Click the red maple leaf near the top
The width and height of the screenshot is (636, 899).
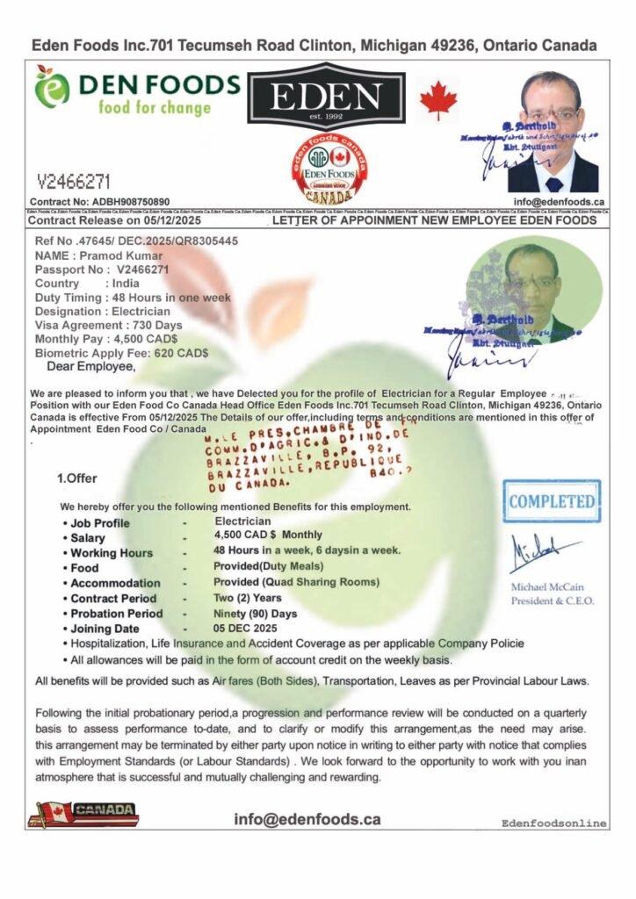[x=438, y=100]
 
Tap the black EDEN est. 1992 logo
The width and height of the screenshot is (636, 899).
[x=326, y=97]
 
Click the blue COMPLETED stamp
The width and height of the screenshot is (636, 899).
[x=553, y=501]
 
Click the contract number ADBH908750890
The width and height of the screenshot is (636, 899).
[x=126, y=202]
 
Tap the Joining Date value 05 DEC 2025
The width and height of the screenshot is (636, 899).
[x=246, y=629]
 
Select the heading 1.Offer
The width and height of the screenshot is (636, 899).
[x=76, y=478]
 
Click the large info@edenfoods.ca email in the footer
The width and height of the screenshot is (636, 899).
[x=307, y=819]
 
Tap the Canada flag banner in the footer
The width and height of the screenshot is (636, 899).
[x=83, y=814]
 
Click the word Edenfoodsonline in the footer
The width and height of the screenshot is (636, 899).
[x=553, y=823]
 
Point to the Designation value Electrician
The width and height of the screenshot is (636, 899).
[x=141, y=312]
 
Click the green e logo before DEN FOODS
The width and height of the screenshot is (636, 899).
[x=53, y=91]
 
